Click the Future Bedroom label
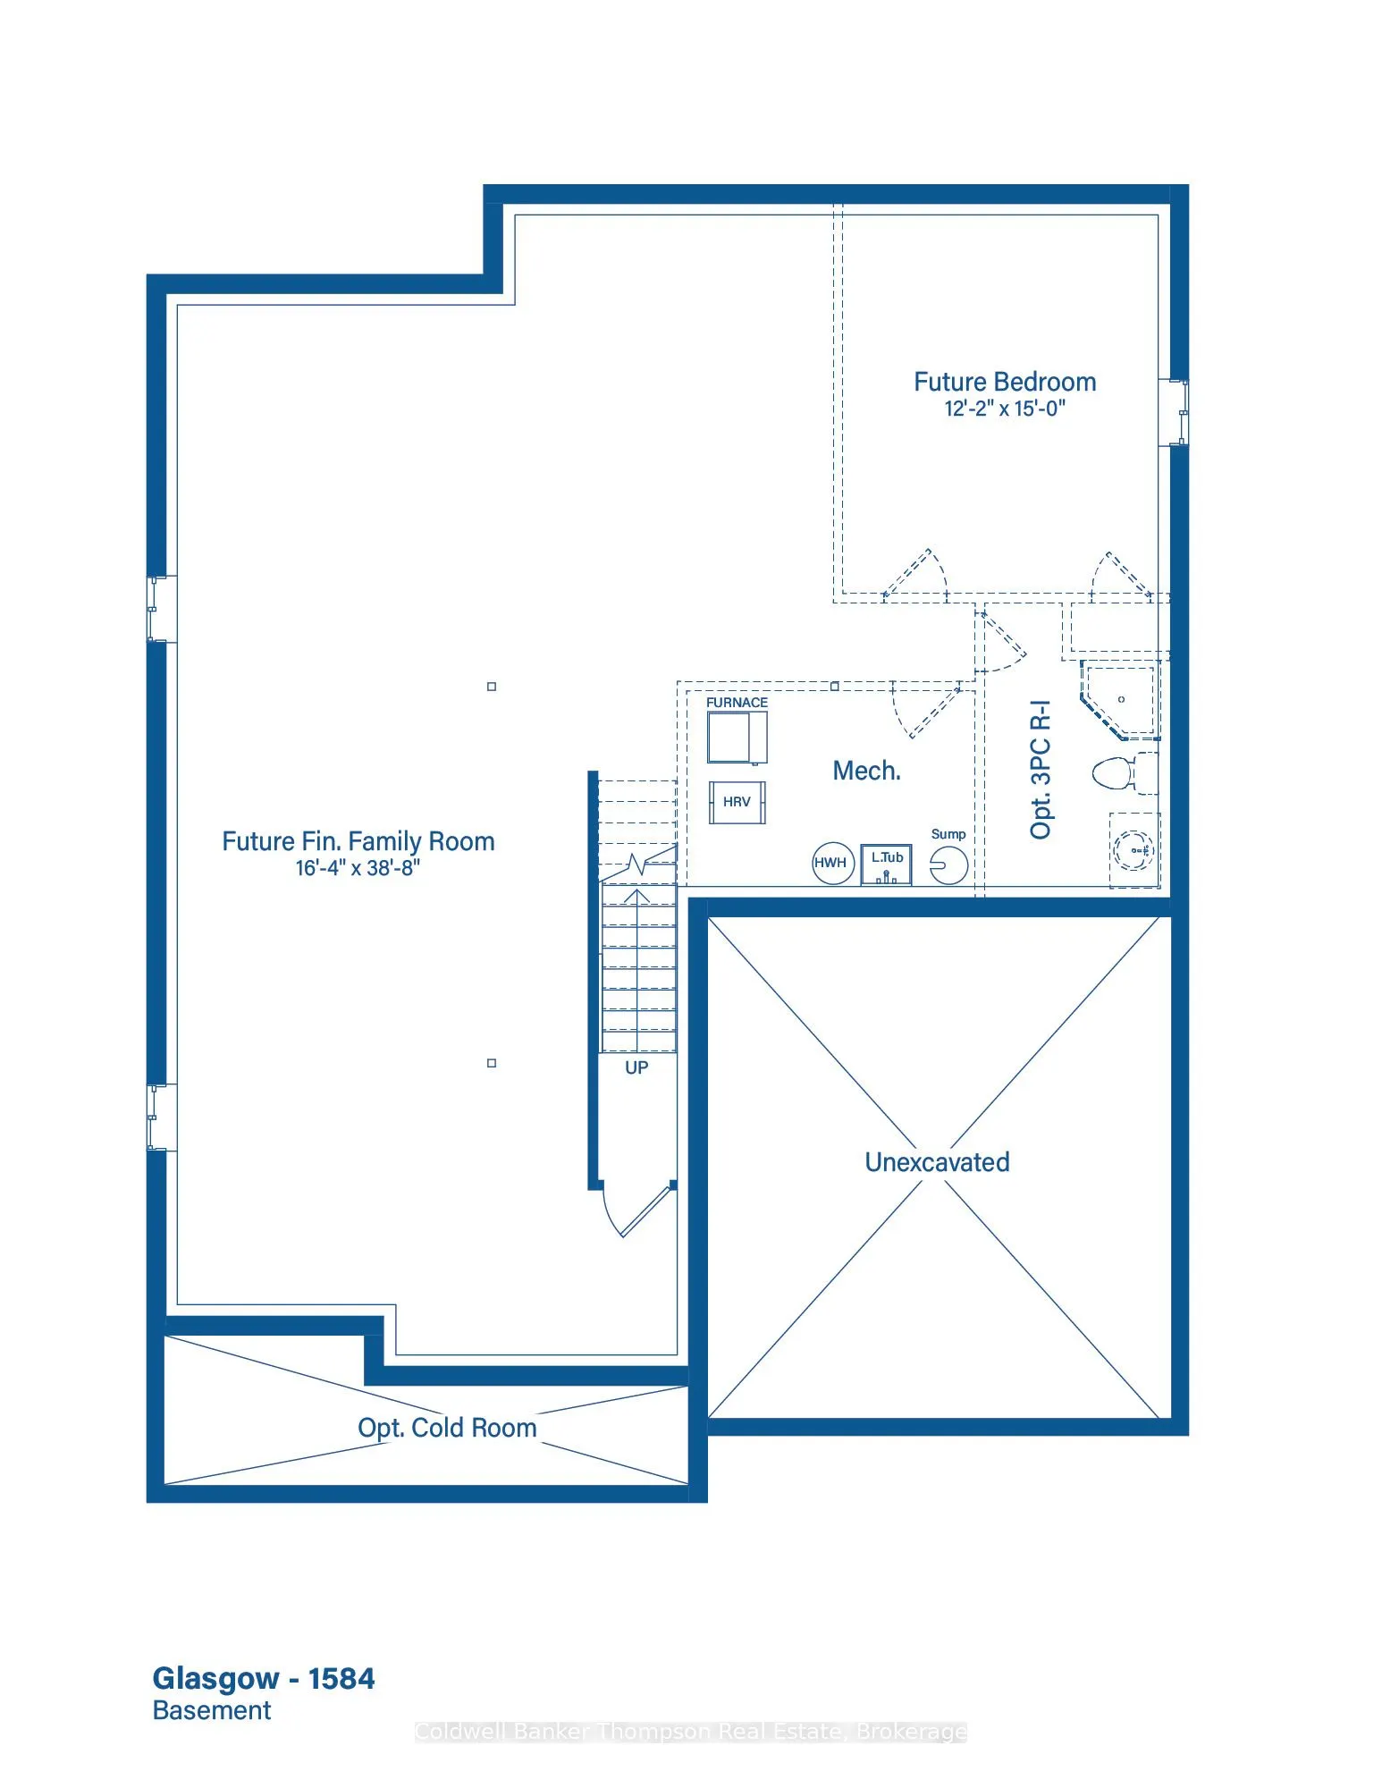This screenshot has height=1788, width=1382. [1005, 382]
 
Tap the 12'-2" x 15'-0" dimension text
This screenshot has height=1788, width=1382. [1005, 409]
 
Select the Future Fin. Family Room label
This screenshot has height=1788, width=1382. [358, 841]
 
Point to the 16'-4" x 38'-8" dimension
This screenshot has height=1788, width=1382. [358, 868]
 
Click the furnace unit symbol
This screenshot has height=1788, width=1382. [737, 738]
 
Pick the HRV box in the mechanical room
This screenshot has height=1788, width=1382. [737, 802]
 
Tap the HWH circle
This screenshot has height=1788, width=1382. [833, 863]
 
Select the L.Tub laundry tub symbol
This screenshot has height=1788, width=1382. [887, 864]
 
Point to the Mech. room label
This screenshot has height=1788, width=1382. [867, 771]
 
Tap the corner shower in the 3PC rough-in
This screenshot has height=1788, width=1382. [1120, 701]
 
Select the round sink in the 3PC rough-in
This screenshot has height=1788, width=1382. [1134, 850]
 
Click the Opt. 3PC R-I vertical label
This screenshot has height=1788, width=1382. [1041, 770]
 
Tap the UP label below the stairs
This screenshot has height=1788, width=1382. [636, 1067]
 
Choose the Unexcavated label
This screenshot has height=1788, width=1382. [937, 1162]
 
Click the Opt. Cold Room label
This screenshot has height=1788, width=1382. [447, 1428]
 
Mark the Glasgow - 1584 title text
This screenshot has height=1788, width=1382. [264, 1679]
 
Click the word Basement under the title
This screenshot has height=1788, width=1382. [212, 1710]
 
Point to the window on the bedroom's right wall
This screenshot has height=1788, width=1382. [1175, 412]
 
